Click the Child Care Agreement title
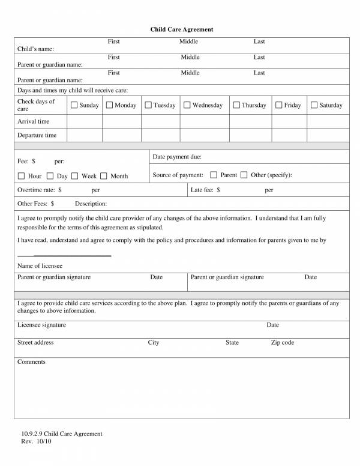(181, 29)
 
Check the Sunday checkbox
(74, 105)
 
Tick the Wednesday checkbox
(187, 105)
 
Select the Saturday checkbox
(314, 105)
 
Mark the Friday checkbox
(279, 105)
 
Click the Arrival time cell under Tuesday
(160, 121)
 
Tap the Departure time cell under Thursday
(251, 135)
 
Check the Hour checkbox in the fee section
(22, 176)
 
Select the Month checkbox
(104, 176)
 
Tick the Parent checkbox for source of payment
(214, 175)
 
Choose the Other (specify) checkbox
(244, 175)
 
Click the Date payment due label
(177, 157)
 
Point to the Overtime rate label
(40, 190)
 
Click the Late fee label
(205, 190)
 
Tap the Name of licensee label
(40, 265)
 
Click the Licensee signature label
(41, 325)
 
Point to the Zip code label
(282, 342)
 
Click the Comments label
(31, 362)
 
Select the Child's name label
(35, 49)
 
